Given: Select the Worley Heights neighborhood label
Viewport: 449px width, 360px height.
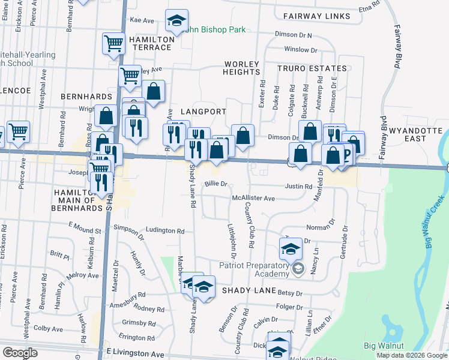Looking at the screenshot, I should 241,68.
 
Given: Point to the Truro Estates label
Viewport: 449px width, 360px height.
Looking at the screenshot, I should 312,69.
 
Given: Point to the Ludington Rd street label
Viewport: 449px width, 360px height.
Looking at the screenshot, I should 165,230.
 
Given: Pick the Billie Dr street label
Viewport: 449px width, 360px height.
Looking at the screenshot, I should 216,184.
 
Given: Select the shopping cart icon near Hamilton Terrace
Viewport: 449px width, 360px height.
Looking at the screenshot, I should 113,43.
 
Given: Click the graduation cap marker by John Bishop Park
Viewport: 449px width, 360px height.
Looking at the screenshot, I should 176,21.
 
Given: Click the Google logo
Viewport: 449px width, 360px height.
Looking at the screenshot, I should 20,353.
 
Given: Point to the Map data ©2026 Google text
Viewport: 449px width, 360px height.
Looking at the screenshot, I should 411,355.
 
